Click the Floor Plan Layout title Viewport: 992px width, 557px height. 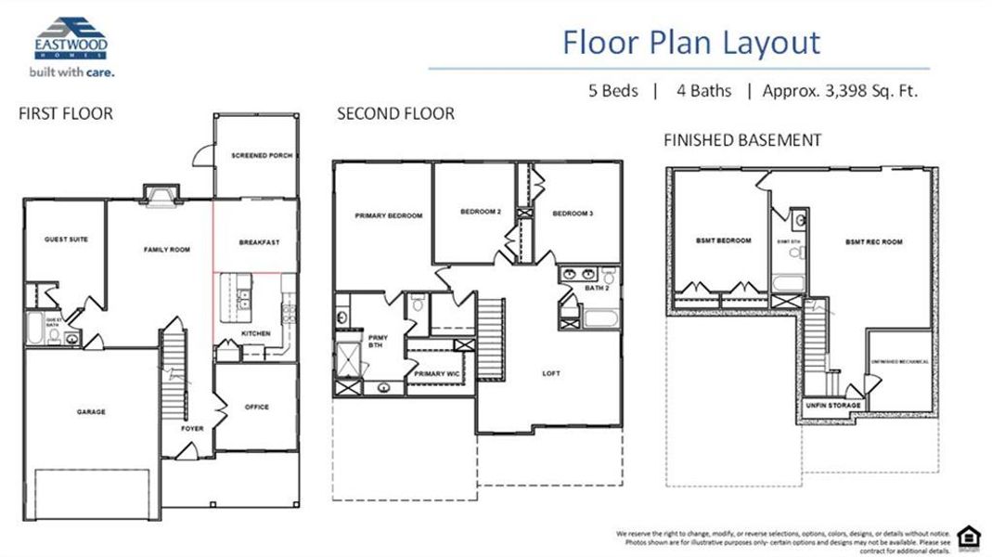[x=691, y=43]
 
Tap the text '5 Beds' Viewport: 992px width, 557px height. [x=612, y=91]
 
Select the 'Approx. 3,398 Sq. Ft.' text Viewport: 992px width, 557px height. [x=840, y=91]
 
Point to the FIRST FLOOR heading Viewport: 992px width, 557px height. [x=66, y=114]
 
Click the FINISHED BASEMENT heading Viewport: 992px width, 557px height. [x=742, y=140]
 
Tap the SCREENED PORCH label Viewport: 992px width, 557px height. [x=262, y=156]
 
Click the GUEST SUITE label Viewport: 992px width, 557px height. [x=66, y=240]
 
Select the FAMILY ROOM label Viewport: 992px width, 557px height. [x=166, y=250]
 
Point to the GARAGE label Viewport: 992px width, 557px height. [x=91, y=412]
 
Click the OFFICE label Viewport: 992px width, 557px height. [x=256, y=407]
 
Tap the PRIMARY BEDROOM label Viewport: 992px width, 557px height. [x=388, y=215]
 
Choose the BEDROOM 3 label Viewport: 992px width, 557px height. [x=572, y=214]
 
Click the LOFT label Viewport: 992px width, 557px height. [x=551, y=373]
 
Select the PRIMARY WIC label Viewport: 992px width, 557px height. [x=437, y=373]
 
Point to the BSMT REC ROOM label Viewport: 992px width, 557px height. [x=873, y=242]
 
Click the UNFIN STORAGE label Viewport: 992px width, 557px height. [x=832, y=406]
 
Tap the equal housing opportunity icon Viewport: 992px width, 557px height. [x=968, y=535]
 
